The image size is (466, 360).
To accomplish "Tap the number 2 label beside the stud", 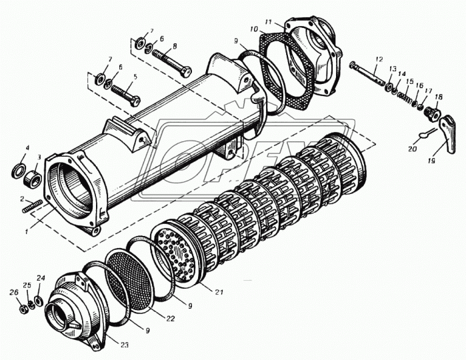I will click(x=22, y=199).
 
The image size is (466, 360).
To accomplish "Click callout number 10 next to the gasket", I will click(x=254, y=29).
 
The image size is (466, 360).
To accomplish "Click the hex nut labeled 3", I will click(x=31, y=178).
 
